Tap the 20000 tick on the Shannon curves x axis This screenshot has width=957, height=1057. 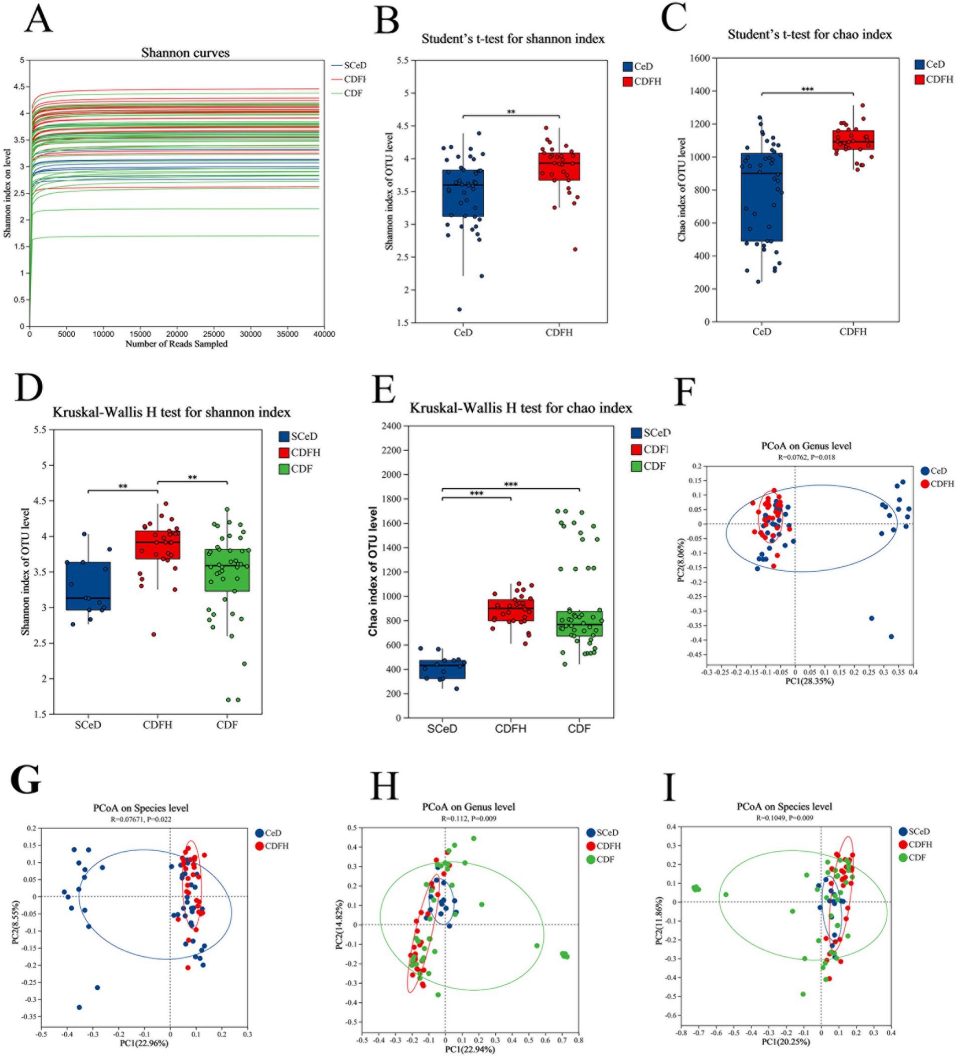(177, 334)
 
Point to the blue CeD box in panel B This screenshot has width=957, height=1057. (463, 193)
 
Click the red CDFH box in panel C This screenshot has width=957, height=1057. (853, 140)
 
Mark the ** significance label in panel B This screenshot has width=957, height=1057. (511, 112)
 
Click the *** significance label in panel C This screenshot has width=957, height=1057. (807, 90)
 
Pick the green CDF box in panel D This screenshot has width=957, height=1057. (227, 570)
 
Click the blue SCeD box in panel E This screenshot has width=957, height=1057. (442, 669)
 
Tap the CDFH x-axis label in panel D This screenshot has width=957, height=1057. (157, 725)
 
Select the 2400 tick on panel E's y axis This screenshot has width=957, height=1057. (391, 426)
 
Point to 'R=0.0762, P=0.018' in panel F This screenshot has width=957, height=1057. (806, 457)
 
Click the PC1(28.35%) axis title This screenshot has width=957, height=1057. (809, 681)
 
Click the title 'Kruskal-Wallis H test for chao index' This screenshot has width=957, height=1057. (521, 408)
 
